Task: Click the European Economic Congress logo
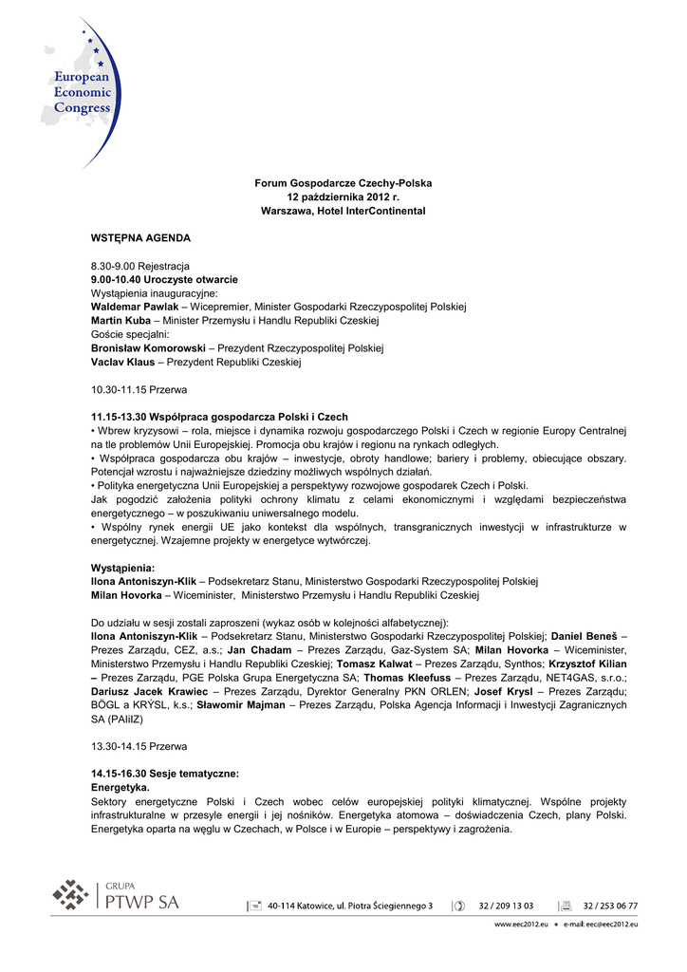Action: (x=81, y=92)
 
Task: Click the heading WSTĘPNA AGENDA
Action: (x=140, y=237)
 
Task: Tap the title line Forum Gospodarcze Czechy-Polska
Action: (x=343, y=182)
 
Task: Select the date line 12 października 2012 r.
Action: (x=343, y=196)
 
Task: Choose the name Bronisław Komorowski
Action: (x=148, y=348)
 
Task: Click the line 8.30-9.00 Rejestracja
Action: (x=139, y=266)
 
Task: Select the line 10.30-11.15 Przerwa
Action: (x=139, y=390)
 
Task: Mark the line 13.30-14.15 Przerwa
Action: (x=139, y=746)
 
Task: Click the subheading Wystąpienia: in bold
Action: (x=122, y=568)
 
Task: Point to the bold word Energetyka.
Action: (x=121, y=788)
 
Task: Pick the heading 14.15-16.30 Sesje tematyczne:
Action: (x=165, y=775)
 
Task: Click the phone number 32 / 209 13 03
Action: (x=506, y=906)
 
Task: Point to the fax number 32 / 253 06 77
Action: (x=610, y=906)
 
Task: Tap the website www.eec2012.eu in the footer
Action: (x=521, y=924)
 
